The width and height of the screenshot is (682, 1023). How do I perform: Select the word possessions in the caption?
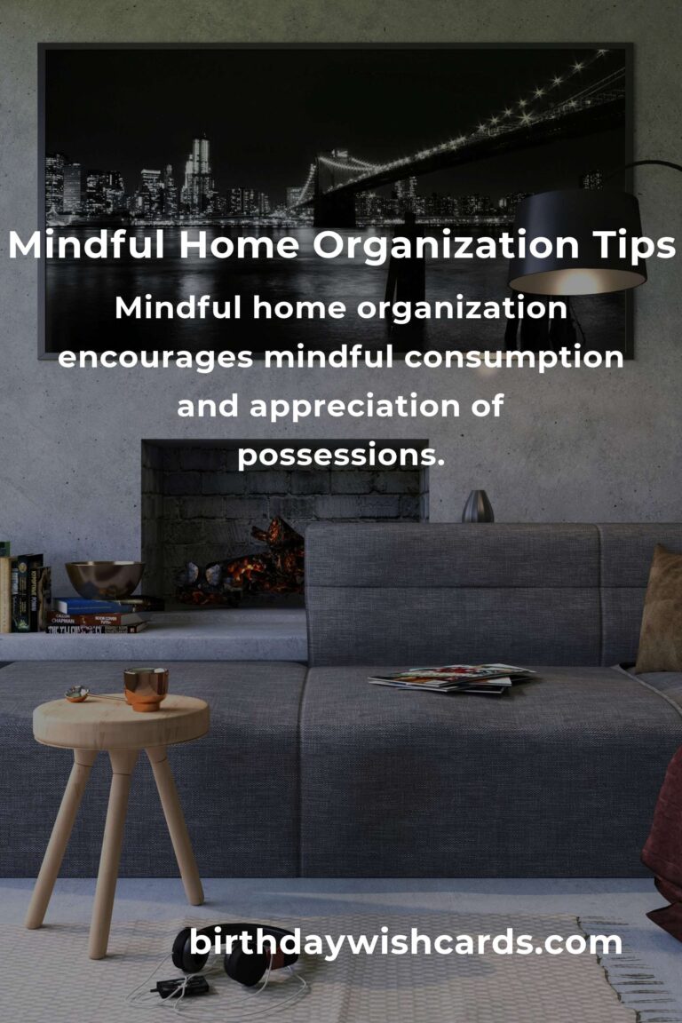tap(340, 456)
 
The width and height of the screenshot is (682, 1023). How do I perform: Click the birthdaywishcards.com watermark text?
tap(406, 942)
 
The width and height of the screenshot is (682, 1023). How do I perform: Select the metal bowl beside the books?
tap(105, 579)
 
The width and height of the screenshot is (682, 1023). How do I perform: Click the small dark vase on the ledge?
tap(478, 506)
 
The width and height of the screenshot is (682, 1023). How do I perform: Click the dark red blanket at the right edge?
tap(665, 844)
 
